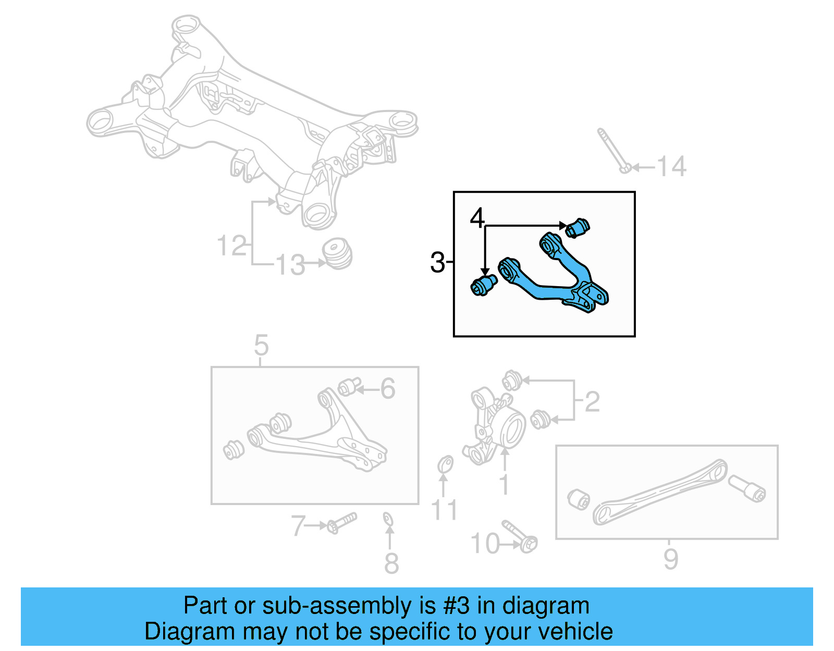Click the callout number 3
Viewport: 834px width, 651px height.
[x=437, y=262]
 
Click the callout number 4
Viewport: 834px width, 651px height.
[x=477, y=218]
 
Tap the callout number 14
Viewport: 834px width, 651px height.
[x=671, y=167]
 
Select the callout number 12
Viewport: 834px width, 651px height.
[x=231, y=246]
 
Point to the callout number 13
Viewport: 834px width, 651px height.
[x=290, y=265]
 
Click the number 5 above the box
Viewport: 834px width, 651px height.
[x=261, y=346]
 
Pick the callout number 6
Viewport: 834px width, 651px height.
[x=387, y=389]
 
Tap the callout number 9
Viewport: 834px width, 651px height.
[x=671, y=559]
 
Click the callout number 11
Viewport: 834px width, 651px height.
[x=444, y=510]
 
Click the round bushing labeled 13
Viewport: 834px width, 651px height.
[x=337, y=253]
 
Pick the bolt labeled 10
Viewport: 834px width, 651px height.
[x=520, y=536]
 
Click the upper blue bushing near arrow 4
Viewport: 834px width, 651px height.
[x=578, y=228]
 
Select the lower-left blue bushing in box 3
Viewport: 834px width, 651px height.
[x=484, y=285]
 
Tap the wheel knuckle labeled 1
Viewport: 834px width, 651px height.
[x=495, y=425]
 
